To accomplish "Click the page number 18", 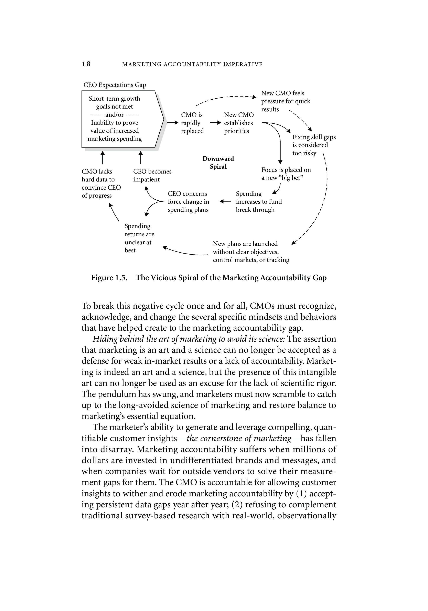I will coord(86,64).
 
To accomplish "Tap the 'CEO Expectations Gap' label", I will coord(115,85).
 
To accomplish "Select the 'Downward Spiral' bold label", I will coord(218,163).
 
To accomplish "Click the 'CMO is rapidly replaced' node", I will coord(192,123).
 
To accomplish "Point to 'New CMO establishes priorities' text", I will coord(239,123).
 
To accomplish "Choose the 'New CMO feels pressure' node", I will coord(286,101).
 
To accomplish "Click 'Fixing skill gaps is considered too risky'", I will coord(314,145).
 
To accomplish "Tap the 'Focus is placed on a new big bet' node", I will coord(286,174).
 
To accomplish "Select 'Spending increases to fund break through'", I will coord(259,202).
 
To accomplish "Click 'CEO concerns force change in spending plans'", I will coord(188,202).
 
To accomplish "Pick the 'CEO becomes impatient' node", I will coord(152,175).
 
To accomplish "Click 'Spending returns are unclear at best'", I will coord(139,238).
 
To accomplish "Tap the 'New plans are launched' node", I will coord(251,252).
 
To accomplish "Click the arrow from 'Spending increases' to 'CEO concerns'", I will coord(225,202).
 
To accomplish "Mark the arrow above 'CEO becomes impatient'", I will coord(140,158).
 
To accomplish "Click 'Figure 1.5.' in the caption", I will coord(109,278).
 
